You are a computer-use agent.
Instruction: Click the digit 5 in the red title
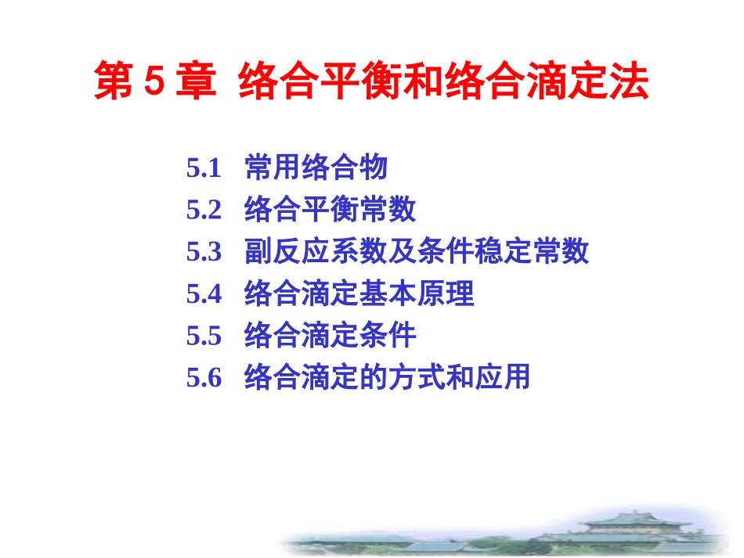(154, 81)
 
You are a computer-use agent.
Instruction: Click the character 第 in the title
(114, 81)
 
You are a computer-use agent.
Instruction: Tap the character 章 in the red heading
(196, 81)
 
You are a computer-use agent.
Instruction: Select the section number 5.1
(204, 168)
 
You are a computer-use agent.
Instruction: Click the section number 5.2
(204, 210)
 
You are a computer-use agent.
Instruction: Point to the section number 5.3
(204, 252)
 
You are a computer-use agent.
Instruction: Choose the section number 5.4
(204, 293)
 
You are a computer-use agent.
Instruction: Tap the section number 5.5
(204, 336)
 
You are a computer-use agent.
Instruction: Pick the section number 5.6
(204, 377)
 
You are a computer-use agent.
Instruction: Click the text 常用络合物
(316, 167)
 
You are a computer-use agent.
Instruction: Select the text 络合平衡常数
(330, 209)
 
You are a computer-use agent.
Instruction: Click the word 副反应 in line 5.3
(287, 250)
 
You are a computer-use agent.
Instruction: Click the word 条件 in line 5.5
(388, 335)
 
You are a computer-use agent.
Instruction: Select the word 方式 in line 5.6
(417, 376)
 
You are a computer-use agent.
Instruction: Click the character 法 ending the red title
(629, 81)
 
